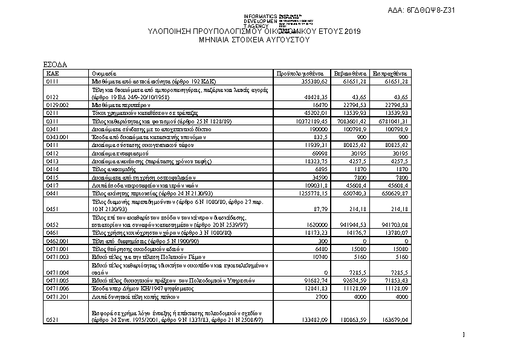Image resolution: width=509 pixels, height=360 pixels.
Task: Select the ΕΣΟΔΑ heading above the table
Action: (x=55, y=64)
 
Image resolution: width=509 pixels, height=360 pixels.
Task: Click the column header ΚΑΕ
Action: (x=51, y=73)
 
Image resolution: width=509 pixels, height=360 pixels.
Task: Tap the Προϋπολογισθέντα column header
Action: (x=301, y=73)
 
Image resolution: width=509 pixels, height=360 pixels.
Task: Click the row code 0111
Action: (x=53, y=80)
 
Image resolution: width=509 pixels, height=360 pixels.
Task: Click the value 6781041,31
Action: (x=393, y=121)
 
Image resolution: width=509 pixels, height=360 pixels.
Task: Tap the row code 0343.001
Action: (x=57, y=137)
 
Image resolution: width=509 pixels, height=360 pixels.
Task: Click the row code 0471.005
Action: (x=57, y=281)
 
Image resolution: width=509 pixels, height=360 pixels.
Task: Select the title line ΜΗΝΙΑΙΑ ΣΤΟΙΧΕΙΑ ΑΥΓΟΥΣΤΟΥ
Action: (x=254, y=39)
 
